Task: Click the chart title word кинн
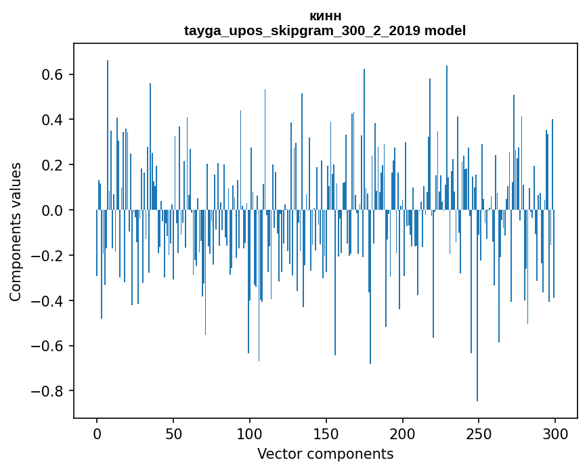(x=325, y=16)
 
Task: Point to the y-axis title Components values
(x=16, y=231)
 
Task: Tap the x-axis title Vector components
(x=325, y=453)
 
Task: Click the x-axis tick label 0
(x=97, y=433)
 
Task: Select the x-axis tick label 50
(x=173, y=433)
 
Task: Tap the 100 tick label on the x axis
(x=250, y=433)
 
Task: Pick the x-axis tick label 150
(x=326, y=433)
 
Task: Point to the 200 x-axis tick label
(x=403, y=433)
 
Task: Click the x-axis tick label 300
(x=555, y=433)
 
